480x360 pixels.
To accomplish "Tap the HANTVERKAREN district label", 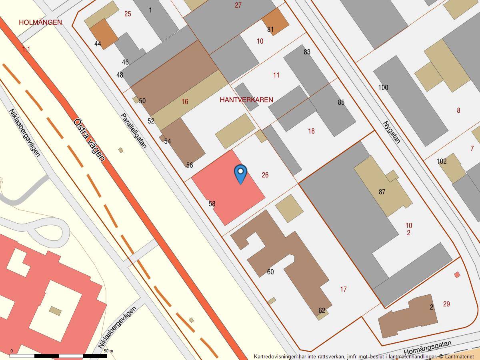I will (246, 100).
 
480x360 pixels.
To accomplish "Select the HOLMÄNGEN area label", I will (40, 22).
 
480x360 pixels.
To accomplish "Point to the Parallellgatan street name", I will (134, 130).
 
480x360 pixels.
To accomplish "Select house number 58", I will (212, 204).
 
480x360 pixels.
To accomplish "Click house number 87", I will (382, 192).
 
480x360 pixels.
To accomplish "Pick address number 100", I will (383, 88).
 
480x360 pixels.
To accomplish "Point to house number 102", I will (442, 161).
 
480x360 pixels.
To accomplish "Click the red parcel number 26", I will (265, 175).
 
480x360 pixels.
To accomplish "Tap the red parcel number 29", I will (446, 304).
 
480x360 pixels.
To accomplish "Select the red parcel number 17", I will (343, 289).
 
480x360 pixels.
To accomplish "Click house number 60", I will (270, 272).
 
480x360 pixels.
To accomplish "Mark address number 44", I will (98, 44).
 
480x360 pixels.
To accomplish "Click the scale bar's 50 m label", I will (108, 351).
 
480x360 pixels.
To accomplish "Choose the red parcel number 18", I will (311, 131).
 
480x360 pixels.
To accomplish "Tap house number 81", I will (270, 30).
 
